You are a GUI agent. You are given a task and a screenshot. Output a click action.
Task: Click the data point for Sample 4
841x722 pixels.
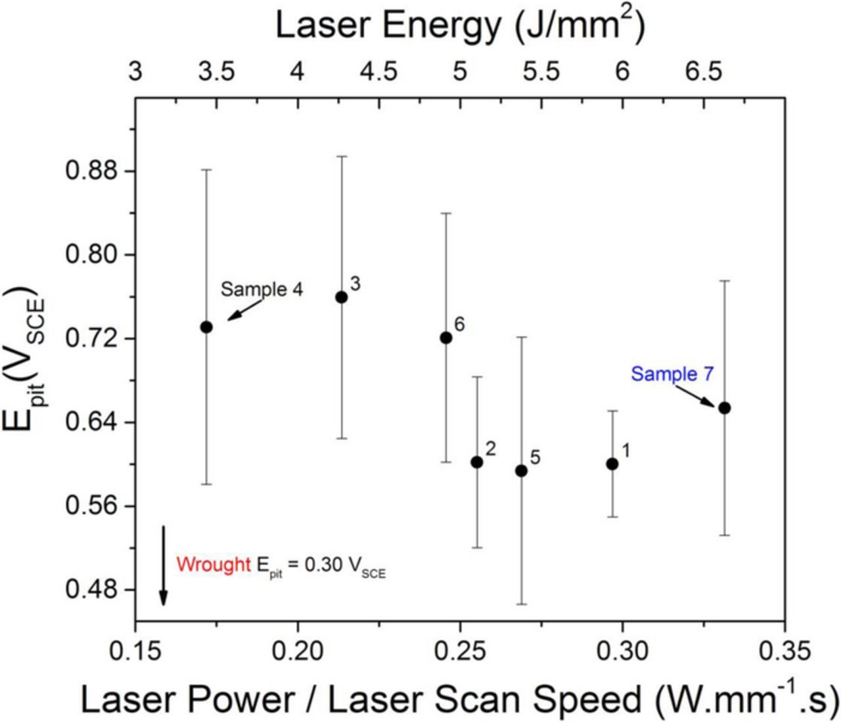[x=206, y=327]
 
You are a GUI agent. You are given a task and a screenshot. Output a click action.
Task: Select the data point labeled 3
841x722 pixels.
[x=342, y=297]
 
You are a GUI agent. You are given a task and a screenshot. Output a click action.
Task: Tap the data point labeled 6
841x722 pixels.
[x=446, y=338]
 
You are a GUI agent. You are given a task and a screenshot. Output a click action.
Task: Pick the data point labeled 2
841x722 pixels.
[x=477, y=462]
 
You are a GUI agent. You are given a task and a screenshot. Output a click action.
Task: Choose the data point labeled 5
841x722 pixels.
[x=522, y=470]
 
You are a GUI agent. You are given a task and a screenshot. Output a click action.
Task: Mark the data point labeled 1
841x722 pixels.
[x=612, y=464]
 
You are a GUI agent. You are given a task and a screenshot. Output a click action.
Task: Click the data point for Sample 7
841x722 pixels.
[x=725, y=408]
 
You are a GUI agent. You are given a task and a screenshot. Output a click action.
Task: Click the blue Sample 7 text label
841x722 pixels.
[x=672, y=374]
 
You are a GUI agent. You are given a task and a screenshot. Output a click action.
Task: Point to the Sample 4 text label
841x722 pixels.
[x=261, y=290]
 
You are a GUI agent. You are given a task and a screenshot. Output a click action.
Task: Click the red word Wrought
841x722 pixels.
[x=214, y=564]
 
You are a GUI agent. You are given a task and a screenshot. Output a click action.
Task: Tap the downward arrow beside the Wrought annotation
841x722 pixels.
[x=164, y=565]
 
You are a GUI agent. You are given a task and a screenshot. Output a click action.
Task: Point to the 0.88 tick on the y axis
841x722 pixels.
[x=91, y=171]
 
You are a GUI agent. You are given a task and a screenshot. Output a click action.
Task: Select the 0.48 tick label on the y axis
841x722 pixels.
[x=91, y=589]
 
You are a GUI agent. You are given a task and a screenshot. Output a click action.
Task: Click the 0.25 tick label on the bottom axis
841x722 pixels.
[x=460, y=652]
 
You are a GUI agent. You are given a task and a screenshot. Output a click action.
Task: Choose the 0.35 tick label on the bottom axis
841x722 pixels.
[x=784, y=652]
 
